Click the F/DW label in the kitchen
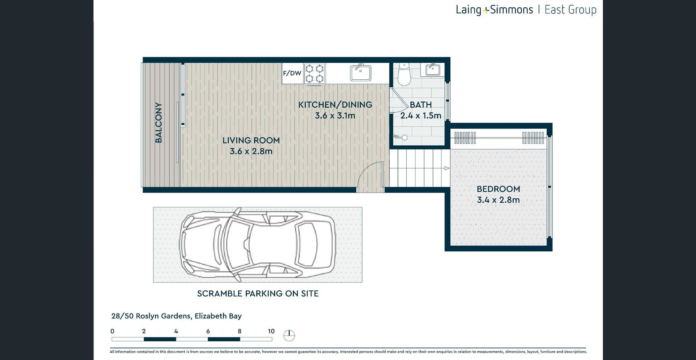pos(292,73)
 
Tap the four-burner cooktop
pos(314,74)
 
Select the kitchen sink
pos(361,73)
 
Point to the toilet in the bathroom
pos(403,74)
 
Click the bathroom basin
pos(433,70)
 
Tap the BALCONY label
pos(158,123)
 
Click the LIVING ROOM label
pos(251,140)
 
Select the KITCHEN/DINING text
pos(335,104)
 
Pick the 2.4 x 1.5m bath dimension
pos(420,116)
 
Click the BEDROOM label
pos(498,189)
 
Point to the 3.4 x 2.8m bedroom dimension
pos(498,200)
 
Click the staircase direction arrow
pos(447,168)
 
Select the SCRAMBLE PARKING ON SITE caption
pos(258,294)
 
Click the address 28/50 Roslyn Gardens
pos(151,316)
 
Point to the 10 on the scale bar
pos(271,331)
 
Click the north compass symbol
pos(289,335)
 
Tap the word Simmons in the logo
pos(511,10)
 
